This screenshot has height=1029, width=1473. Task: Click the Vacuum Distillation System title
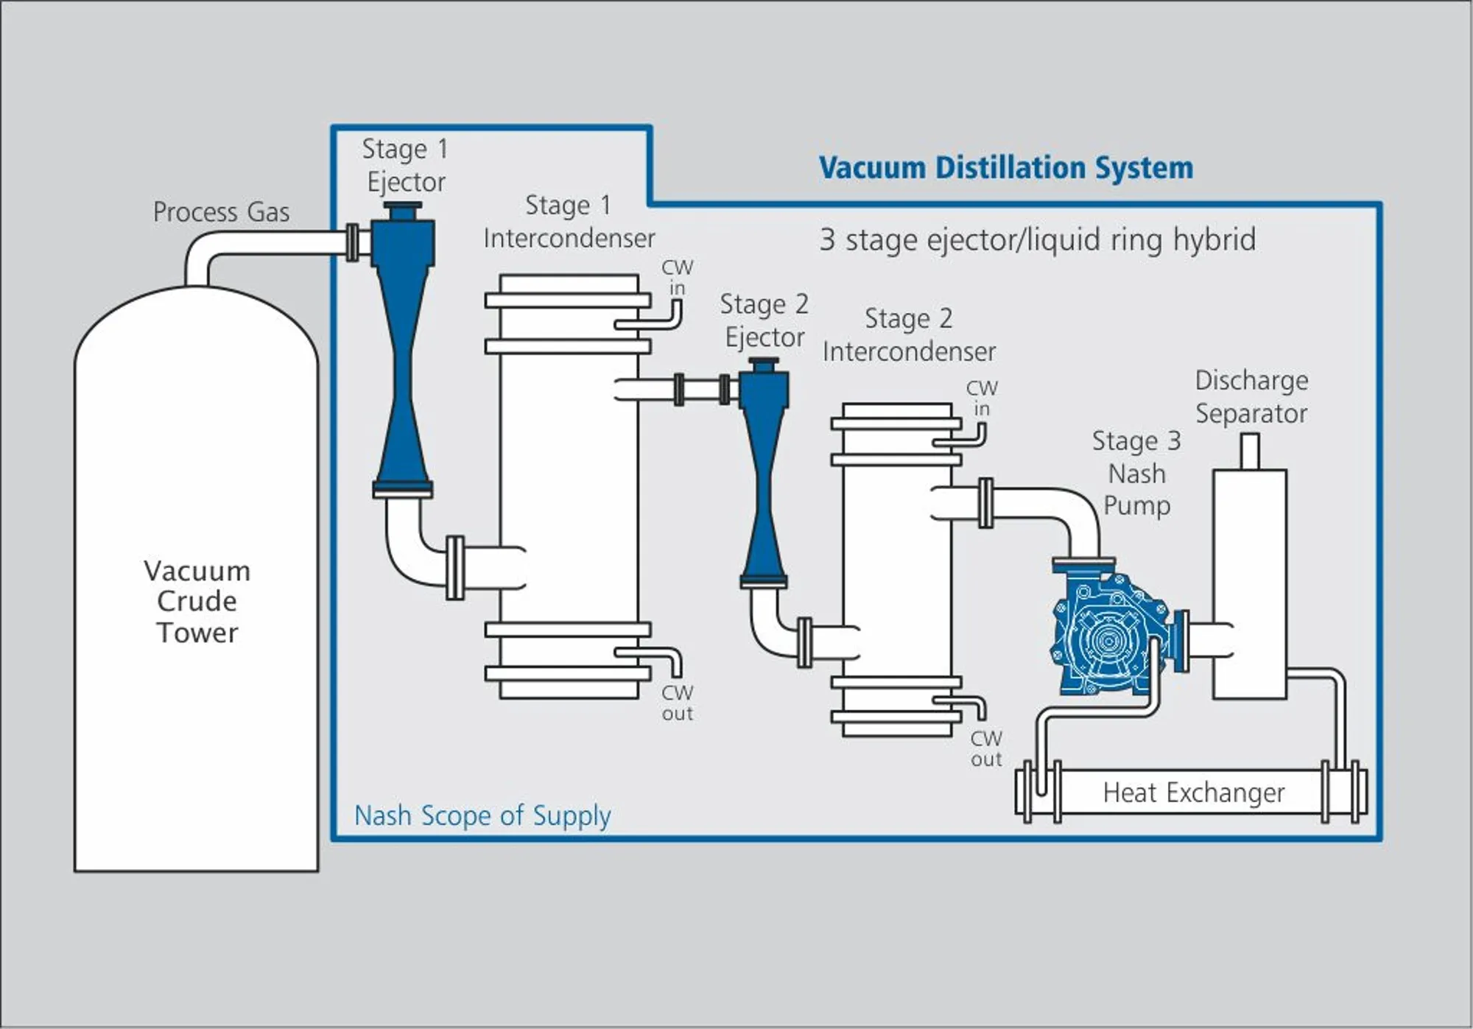click(1005, 168)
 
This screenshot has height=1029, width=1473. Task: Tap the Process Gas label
click(221, 212)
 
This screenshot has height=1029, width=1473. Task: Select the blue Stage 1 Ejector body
click(402, 354)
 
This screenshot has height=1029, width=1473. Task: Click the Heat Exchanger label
click(1193, 793)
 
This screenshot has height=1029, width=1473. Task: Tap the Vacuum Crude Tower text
click(197, 601)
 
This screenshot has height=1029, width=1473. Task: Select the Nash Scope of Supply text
click(482, 815)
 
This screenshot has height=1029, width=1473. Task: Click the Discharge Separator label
click(1251, 397)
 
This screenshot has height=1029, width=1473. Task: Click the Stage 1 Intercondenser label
click(569, 222)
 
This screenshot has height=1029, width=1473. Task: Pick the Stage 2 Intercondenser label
click(909, 335)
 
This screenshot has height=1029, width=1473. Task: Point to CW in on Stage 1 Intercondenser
click(677, 278)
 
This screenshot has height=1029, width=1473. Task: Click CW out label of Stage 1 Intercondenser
click(677, 703)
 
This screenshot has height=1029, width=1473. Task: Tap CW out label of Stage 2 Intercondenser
click(986, 748)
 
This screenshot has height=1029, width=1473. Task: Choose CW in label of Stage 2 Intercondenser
click(982, 398)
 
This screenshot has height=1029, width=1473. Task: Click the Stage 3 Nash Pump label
click(1136, 473)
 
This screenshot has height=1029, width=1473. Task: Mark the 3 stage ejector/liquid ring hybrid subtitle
click(1037, 239)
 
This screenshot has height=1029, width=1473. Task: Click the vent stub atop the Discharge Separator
click(1250, 451)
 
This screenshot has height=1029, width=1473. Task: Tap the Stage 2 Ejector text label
click(764, 320)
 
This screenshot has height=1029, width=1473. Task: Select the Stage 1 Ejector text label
click(405, 165)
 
